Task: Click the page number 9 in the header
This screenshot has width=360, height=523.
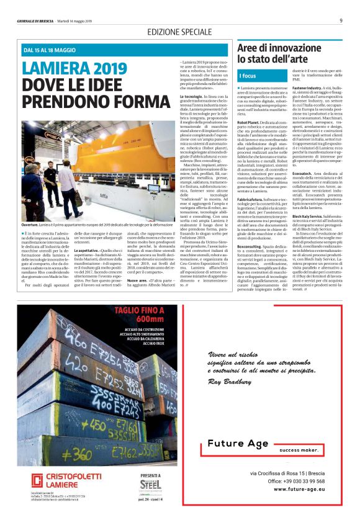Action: (x=341, y=20)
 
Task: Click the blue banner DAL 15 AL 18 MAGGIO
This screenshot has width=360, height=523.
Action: (x=49, y=50)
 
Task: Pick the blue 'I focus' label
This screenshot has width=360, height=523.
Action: (x=248, y=76)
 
